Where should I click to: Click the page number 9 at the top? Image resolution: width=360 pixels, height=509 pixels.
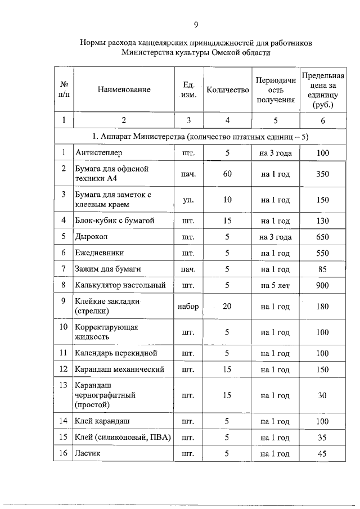[195, 24]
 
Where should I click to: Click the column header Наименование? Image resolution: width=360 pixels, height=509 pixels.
[124, 90]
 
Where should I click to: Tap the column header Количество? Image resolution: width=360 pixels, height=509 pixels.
[227, 90]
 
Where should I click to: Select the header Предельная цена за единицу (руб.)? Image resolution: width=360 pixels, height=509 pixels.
[323, 90]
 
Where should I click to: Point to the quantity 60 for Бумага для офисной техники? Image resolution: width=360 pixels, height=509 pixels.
[227, 174]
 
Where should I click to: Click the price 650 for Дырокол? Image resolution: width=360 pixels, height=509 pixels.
[322, 237]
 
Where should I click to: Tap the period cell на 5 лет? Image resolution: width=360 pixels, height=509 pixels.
[275, 286]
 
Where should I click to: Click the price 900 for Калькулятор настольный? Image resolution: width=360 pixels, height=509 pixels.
[322, 286]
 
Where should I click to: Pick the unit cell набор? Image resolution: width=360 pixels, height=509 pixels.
[188, 307]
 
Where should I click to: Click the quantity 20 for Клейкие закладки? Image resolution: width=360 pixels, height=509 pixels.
[227, 307]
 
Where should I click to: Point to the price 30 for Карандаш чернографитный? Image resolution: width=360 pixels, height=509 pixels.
[322, 395]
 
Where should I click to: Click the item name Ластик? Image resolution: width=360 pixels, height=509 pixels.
[88, 453]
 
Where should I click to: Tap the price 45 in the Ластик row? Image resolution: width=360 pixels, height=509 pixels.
[322, 453]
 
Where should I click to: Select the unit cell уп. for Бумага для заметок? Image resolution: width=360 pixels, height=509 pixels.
[188, 200]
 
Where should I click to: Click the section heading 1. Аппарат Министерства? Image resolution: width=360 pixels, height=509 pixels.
[200, 136]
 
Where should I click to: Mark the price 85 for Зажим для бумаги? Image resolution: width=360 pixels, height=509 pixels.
[322, 269]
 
